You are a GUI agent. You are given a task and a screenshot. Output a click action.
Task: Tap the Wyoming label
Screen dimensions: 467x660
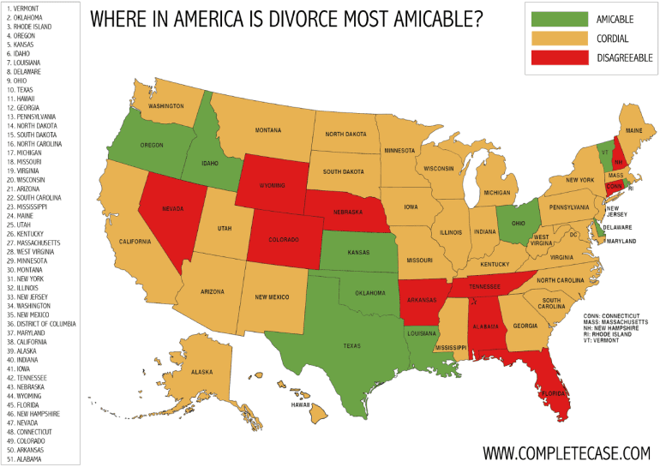coord(273,186)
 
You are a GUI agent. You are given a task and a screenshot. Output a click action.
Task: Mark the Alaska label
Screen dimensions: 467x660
coord(201,372)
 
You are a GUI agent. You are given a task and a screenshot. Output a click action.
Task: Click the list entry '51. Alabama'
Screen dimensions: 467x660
coord(28,458)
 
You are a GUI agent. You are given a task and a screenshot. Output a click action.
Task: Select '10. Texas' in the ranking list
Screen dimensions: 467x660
coord(23,89)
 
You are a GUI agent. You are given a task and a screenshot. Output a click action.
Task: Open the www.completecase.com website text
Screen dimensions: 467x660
coord(567,452)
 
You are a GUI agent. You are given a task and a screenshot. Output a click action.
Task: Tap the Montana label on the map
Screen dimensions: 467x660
coord(267,130)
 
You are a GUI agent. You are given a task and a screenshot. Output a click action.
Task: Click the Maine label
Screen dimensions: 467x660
coord(633,130)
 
